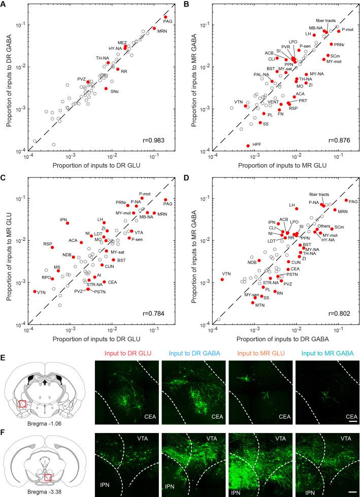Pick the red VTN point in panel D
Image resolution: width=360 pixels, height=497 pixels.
222,279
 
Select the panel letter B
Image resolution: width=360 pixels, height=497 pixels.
186,5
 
